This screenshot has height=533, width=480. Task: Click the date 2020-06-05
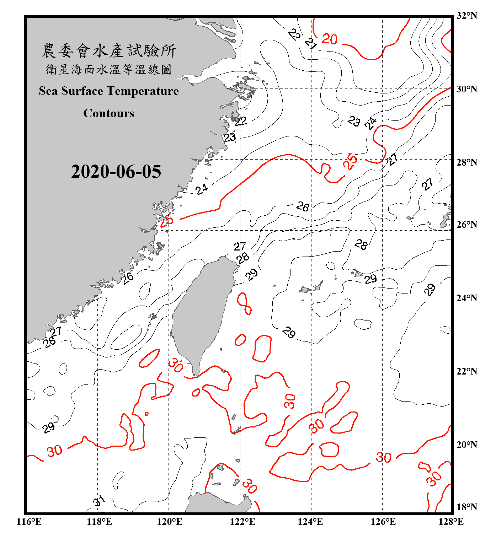(x=116, y=172)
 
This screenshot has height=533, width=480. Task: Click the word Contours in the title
(x=108, y=113)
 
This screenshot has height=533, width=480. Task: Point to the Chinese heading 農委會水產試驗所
(x=109, y=51)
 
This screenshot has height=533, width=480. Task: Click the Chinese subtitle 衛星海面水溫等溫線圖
(x=109, y=69)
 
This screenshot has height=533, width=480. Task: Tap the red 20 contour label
(x=330, y=39)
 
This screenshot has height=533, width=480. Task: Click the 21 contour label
(x=311, y=44)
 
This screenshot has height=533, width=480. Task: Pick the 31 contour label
(x=99, y=501)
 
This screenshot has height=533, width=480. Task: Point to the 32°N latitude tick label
(x=466, y=16)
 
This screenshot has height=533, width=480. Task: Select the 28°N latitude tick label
(x=466, y=162)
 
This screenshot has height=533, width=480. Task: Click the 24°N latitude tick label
(x=466, y=298)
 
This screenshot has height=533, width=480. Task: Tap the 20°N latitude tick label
(x=466, y=445)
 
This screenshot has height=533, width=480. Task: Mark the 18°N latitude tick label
(x=466, y=507)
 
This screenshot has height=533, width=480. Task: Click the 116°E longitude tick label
(x=29, y=522)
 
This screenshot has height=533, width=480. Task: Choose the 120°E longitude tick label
(x=170, y=522)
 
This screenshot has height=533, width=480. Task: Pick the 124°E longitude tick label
(x=310, y=522)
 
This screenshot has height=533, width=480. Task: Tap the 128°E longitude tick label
(x=451, y=522)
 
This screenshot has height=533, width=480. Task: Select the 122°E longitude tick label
(x=242, y=522)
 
